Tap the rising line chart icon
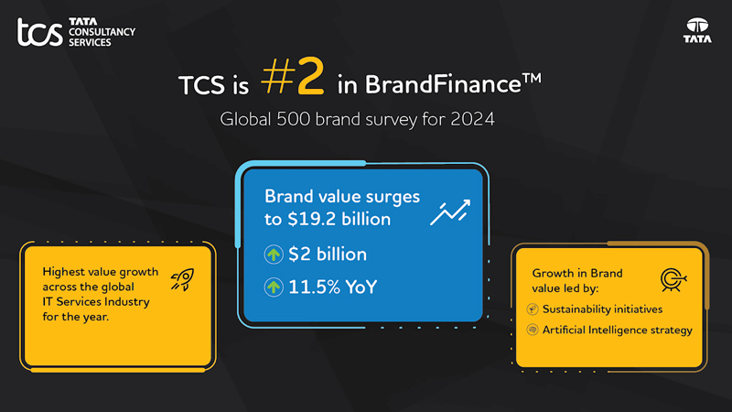[450, 213]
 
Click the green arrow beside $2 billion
[274, 255]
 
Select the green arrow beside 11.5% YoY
[274, 287]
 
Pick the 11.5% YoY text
[332, 287]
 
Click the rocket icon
[183, 280]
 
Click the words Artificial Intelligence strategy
[618, 331]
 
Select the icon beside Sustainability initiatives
[533, 309]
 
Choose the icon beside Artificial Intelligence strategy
[533, 331]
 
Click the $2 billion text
[328, 255]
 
